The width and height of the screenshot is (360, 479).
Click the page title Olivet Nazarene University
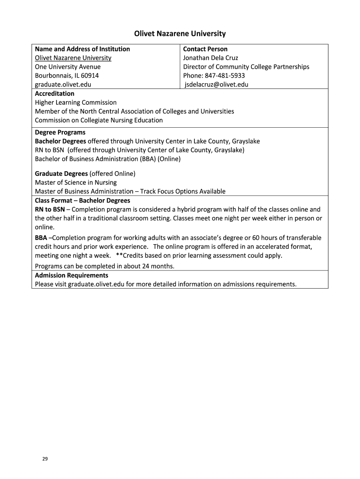pos(180,34)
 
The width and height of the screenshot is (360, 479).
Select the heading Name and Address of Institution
pos(82,49)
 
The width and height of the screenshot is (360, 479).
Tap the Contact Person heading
pos(205,49)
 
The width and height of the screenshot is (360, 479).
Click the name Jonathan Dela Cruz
pos(210,58)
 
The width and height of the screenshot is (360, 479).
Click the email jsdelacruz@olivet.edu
pos(216,85)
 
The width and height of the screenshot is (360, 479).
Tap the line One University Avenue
pos(68,67)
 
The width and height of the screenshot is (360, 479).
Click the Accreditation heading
pos(55,94)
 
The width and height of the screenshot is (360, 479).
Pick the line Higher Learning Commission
pos(76,102)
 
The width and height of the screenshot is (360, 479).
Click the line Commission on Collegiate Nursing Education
pos(99,120)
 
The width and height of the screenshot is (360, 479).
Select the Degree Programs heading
pos(60,132)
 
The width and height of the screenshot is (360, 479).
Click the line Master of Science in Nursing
pos(76,182)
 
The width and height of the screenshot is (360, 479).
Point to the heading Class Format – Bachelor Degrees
pos(82,201)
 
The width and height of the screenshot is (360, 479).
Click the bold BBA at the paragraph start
pos(41,238)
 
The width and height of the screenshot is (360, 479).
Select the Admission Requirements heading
pos(72,276)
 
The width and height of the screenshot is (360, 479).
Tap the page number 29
pos(45,459)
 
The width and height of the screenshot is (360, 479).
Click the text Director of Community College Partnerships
pos(246,67)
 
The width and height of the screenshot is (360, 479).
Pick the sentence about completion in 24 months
pos(104,266)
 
